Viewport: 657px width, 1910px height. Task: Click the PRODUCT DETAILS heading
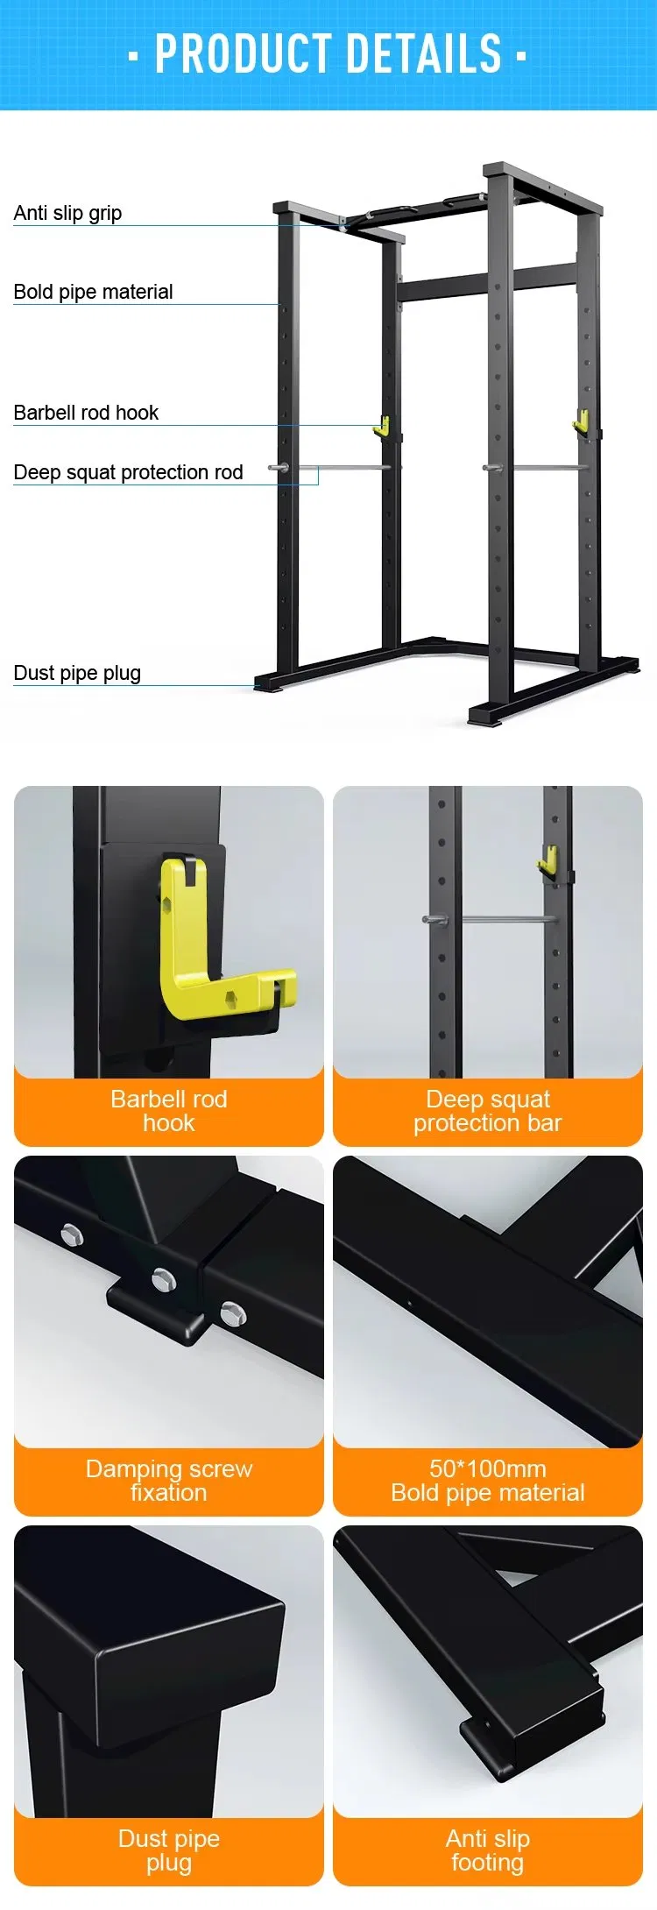[x=328, y=53]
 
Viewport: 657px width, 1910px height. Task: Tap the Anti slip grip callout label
[x=67, y=213]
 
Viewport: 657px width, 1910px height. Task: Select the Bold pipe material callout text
[x=93, y=292]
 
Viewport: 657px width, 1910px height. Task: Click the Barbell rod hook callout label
[x=86, y=413]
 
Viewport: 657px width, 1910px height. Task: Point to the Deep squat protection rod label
[x=128, y=472]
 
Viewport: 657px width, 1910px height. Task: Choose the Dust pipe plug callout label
[x=77, y=673]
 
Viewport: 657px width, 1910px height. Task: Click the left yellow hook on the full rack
[x=381, y=427]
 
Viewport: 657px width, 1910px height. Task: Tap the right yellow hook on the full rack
[x=580, y=422]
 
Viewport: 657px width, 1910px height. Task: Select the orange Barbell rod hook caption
[x=168, y=1111]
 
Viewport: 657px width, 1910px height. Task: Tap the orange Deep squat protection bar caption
[x=487, y=1111]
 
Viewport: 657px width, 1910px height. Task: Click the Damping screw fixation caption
[x=168, y=1481]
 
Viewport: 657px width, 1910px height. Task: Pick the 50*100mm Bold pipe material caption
[x=487, y=1481]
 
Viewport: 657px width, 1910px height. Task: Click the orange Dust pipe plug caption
[x=168, y=1850]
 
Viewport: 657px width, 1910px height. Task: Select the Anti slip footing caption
[x=487, y=1850]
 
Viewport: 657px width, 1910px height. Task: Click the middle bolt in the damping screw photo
[x=164, y=1280]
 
